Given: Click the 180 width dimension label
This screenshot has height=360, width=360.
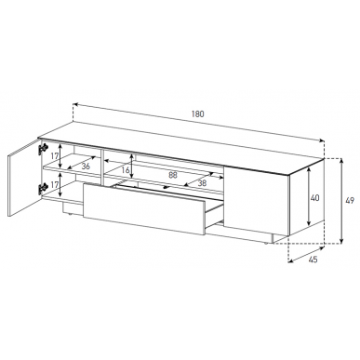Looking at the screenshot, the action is (x=198, y=113).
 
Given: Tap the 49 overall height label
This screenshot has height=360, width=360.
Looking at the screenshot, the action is (x=350, y=201).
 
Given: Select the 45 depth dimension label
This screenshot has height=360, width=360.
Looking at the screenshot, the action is (x=313, y=260).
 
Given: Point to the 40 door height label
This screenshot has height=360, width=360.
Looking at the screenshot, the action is (x=314, y=197).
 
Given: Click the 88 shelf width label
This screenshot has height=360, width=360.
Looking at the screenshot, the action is (x=173, y=175).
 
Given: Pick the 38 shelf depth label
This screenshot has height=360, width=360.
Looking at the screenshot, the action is (x=202, y=183).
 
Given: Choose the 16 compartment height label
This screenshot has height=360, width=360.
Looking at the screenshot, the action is (x=126, y=170).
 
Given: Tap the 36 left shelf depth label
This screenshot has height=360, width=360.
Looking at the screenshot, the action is (x=86, y=167).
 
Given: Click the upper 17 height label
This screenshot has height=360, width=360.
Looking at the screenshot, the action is (x=54, y=156).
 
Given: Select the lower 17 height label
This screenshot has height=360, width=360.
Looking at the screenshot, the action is (x=54, y=185).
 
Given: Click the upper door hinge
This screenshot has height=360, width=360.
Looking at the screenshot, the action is (x=43, y=149).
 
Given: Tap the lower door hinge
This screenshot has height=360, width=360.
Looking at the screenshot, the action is (x=43, y=189).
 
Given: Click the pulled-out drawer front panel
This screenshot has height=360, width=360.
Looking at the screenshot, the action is (x=144, y=207).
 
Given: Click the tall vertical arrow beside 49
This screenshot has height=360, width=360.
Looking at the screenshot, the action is (x=341, y=201).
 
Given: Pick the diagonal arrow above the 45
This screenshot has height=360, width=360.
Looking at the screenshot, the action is (x=306, y=254).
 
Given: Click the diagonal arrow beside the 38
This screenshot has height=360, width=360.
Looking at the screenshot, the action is (x=199, y=180).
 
